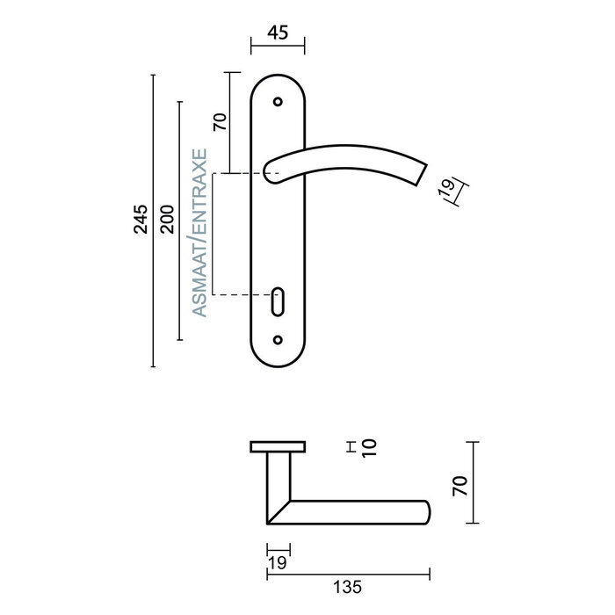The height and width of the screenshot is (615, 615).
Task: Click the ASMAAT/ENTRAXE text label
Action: [x=199, y=232]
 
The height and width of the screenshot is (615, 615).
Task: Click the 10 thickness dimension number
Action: [x=368, y=448]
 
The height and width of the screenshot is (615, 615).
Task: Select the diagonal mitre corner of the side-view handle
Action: [x=279, y=512]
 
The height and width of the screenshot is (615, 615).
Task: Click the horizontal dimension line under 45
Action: [x=278, y=47]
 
